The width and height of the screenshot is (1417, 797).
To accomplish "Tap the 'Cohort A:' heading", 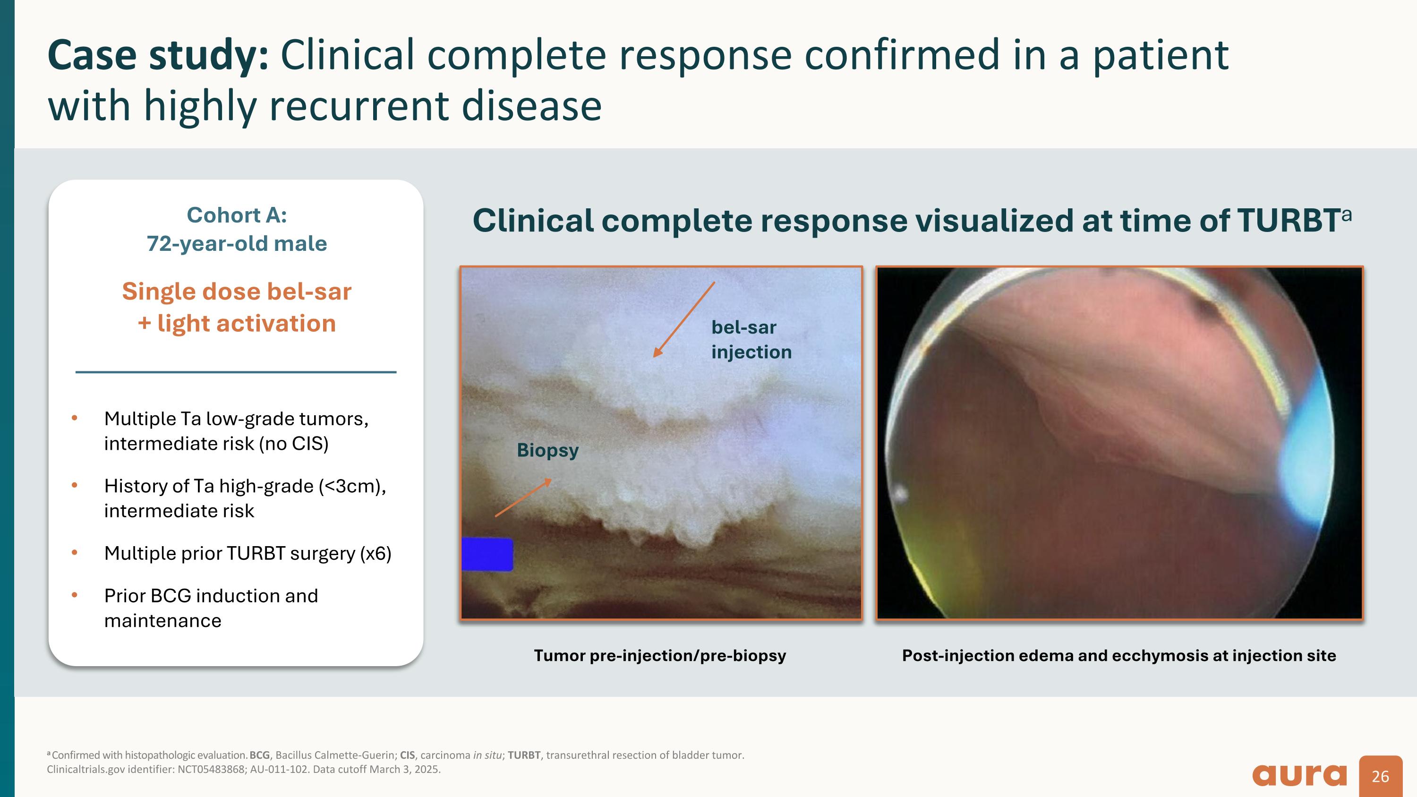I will (x=237, y=215).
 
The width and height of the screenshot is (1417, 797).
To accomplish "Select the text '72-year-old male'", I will (x=237, y=244).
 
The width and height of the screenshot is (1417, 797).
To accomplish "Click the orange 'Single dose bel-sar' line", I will (x=237, y=291).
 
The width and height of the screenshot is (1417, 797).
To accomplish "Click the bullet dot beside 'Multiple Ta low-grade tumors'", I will (x=75, y=419).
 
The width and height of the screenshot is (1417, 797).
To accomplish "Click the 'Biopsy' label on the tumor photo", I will (x=547, y=451).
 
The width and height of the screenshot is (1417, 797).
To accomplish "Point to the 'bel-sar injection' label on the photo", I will (x=751, y=339).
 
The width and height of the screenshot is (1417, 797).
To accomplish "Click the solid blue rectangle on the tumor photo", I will (x=487, y=554).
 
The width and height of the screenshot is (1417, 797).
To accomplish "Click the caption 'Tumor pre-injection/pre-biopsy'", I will (x=659, y=656).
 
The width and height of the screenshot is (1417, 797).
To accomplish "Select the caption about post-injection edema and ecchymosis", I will (x=1118, y=656).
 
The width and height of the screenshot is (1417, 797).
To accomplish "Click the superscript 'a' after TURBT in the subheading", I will (x=1346, y=214).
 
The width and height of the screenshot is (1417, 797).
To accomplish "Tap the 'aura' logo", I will (x=1299, y=776).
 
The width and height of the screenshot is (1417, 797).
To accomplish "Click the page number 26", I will (x=1380, y=777).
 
